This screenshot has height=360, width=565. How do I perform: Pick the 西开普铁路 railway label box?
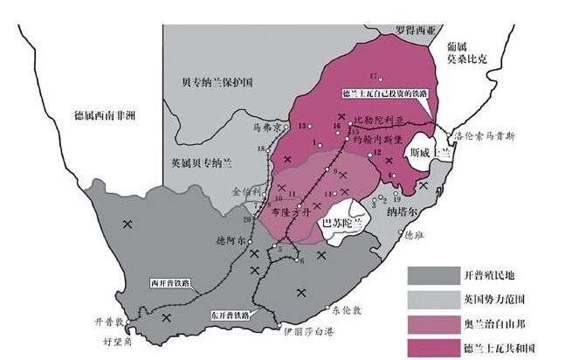click(169, 283)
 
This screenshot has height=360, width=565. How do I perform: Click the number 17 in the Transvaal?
click(373, 75)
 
